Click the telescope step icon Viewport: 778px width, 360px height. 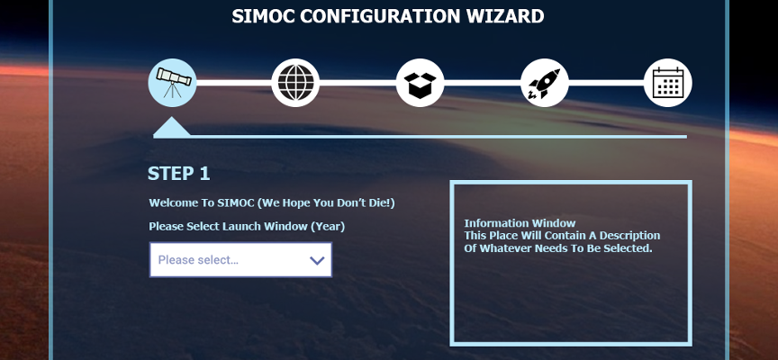point(172,83)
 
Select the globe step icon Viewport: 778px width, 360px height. point(295,83)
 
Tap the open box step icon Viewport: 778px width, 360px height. point(420,83)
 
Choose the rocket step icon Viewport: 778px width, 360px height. point(544,83)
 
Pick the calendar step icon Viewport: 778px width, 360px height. point(668,83)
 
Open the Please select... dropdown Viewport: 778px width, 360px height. point(240,260)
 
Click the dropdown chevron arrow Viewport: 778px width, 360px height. point(317,260)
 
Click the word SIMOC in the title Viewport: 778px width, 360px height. point(264,16)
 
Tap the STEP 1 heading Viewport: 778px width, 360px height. point(178,174)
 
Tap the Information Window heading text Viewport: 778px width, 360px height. point(520,223)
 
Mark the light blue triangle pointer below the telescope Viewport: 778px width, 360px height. point(172,128)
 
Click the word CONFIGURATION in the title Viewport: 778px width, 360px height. point(381,16)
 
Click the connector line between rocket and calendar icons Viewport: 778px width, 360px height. point(606,83)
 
